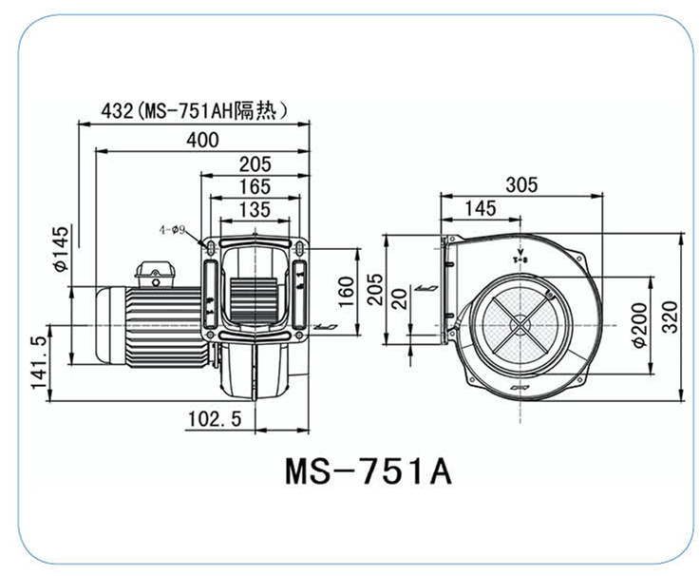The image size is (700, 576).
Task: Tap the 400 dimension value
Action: point(202,140)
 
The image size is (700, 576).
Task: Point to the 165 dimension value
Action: point(254,185)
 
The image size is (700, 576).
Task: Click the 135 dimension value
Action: point(254,208)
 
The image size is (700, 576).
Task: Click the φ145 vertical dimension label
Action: point(61,249)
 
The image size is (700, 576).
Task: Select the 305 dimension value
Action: point(520,184)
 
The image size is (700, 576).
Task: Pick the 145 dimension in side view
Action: point(481,206)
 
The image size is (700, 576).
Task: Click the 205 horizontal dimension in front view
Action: point(254,163)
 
